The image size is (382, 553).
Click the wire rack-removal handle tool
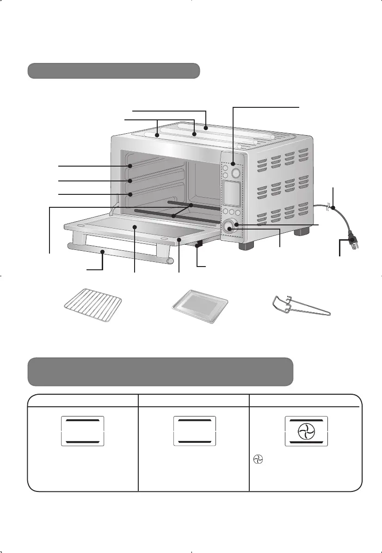[300, 306]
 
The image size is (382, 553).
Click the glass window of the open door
[139, 227]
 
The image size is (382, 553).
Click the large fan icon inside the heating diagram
[306, 432]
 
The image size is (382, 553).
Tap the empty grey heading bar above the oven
[114, 71]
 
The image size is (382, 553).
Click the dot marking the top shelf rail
[131, 166]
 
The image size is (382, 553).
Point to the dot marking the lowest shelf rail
[131, 194]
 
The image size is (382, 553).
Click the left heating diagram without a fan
[83, 431]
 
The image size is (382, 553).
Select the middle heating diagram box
[194, 431]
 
